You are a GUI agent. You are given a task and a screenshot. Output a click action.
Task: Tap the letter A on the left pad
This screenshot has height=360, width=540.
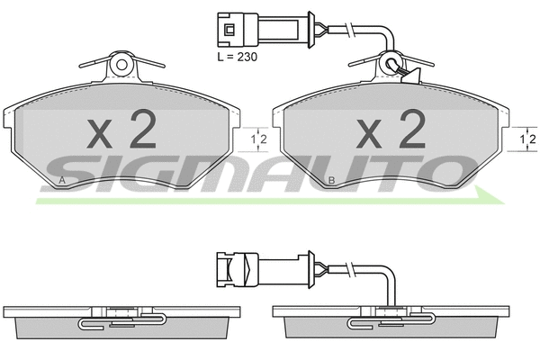coord(61,182)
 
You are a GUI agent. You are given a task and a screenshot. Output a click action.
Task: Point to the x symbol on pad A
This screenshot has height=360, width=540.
coord(101,135)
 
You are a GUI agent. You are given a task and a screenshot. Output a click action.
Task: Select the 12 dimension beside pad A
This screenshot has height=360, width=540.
coord(259,139)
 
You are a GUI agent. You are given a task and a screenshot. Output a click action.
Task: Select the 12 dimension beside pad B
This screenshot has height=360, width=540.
coord(529,139)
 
